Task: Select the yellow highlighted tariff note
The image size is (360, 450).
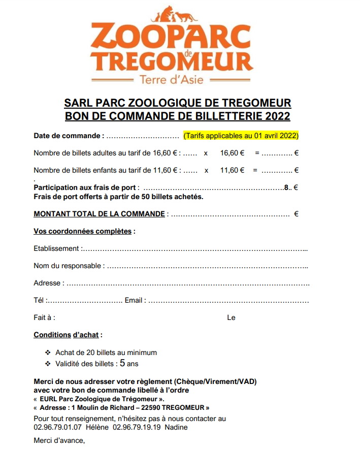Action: [241, 136]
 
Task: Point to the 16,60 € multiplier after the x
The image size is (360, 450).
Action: [233, 153]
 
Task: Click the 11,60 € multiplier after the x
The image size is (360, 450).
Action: [233, 171]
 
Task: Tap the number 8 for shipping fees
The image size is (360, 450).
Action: [286, 187]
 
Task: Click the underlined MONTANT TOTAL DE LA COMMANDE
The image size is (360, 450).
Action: [100, 214]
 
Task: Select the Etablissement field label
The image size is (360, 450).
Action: [56, 249]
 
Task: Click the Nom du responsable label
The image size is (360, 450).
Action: [68, 266]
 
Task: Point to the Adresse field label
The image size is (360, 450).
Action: [49, 283]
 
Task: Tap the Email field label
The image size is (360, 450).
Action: [135, 300]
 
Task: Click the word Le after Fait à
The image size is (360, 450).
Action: [231, 317]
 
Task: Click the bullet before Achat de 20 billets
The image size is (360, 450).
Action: [48, 352]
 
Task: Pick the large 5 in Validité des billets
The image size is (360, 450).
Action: [122, 363]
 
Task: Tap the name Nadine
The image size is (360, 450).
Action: [176, 427]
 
